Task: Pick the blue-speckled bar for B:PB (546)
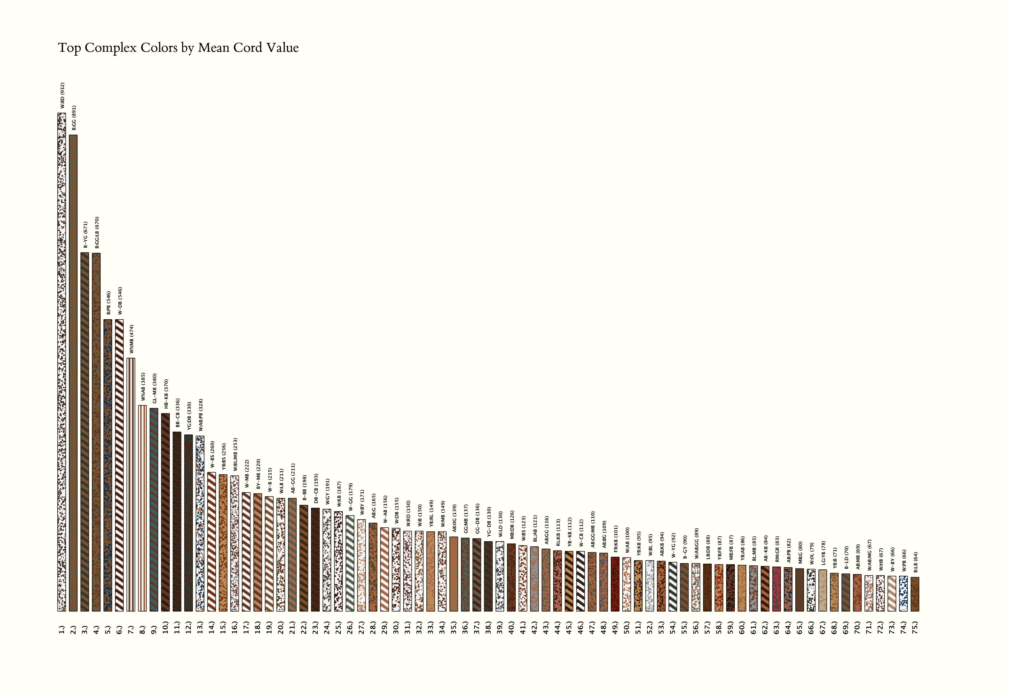tap(108, 465)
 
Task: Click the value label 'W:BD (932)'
tap(62, 95)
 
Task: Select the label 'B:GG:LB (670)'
tap(97, 232)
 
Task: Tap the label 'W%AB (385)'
tap(143, 387)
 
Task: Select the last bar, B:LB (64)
tap(915, 594)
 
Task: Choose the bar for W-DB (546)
tap(119, 465)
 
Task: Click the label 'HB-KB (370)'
tap(166, 394)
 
